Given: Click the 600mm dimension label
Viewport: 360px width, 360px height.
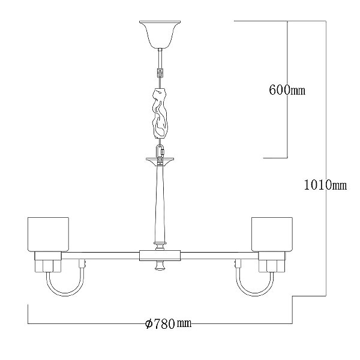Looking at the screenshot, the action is pyautogui.click(x=287, y=90).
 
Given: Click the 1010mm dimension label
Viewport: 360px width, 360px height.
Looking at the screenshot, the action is pyautogui.click(x=325, y=185).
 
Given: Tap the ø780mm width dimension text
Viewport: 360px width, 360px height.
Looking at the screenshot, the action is pyautogui.click(x=169, y=324).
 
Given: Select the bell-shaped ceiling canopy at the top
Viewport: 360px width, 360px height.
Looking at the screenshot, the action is pyautogui.click(x=160, y=34).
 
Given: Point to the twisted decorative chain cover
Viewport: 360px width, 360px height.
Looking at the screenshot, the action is pyautogui.click(x=160, y=113).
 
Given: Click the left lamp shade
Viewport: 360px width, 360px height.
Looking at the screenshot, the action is pyautogui.click(x=48, y=234).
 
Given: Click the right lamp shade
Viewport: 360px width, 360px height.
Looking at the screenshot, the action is pyautogui.click(x=272, y=234).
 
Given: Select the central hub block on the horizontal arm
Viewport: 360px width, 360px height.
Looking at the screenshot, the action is pyautogui.click(x=160, y=256).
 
